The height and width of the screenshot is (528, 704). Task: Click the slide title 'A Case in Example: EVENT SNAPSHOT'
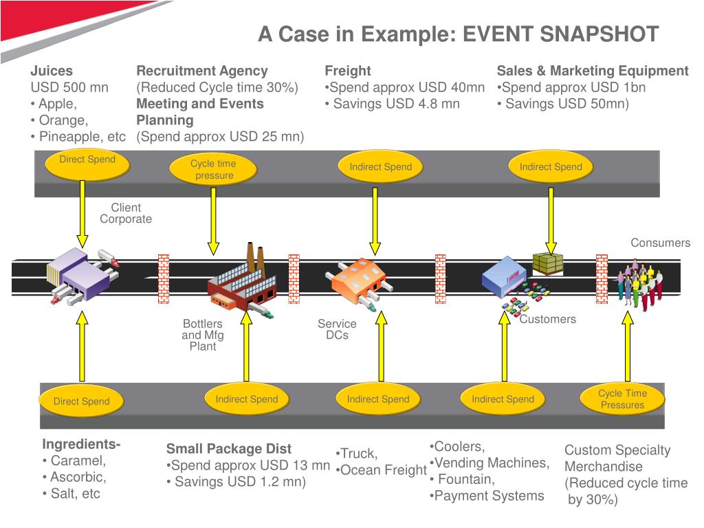point(458,34)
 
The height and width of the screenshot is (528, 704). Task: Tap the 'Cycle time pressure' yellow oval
point(213,169)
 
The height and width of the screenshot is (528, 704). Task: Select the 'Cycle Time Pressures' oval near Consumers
point(622,399)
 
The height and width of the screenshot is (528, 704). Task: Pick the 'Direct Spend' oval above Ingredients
point(81,401)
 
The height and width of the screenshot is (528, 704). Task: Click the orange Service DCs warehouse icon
point(358,282)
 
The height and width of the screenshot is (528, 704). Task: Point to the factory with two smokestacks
point(241,280)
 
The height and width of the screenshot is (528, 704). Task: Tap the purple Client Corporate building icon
point(82,277)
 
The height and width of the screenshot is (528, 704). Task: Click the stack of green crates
point(548,263)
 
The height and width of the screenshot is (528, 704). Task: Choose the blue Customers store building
point(504,276)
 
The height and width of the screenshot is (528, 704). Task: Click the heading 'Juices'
point(52,71)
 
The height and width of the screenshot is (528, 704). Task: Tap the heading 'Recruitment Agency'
point(202,71)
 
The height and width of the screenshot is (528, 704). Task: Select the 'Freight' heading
point(347,71)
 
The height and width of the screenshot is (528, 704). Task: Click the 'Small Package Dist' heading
point(229,448)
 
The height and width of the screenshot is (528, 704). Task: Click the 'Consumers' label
point(661,243)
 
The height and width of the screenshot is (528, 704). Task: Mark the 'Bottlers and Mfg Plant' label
point(203,335)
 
